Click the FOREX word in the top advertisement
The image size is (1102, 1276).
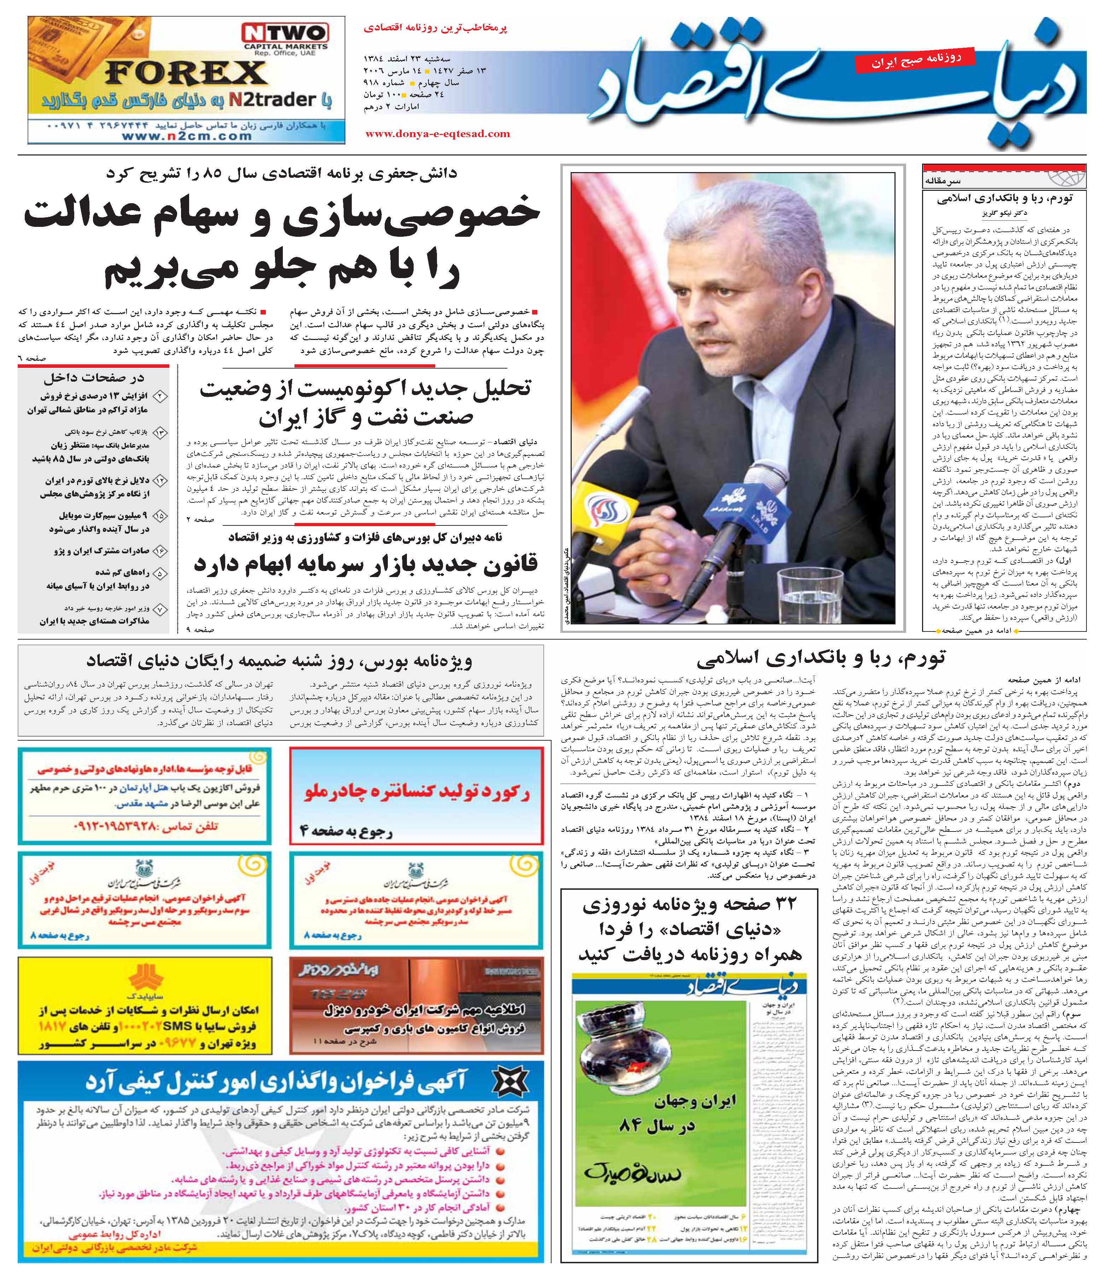[185, 74]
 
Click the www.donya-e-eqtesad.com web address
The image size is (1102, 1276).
[437, 134]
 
